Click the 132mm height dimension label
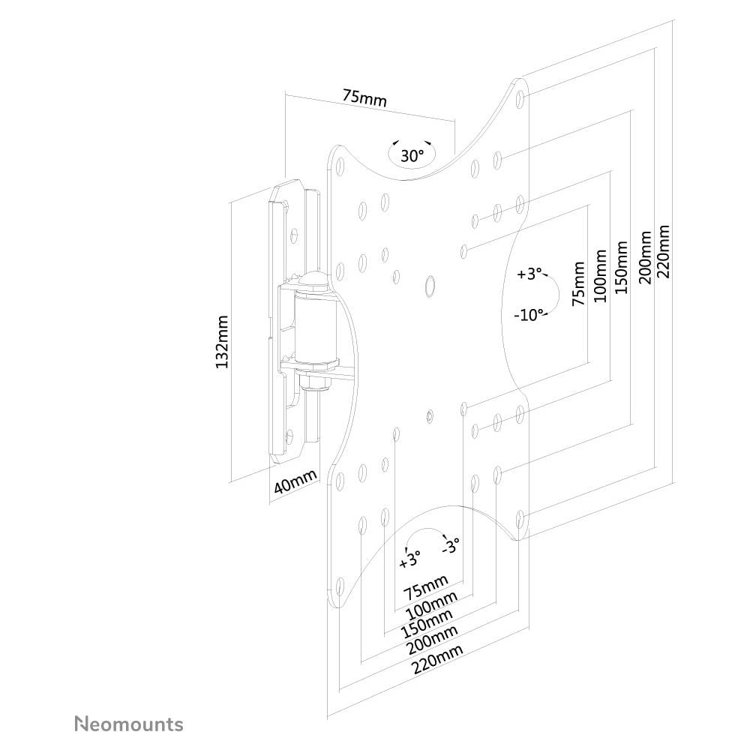click(222, 341)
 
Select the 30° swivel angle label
click(412, 156)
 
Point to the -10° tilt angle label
click(529, 315)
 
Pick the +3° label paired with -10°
click(529, 274)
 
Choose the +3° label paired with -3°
click(410, 559)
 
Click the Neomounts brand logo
click(128, 724)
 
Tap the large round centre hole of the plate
click(430, 285)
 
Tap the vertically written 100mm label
click(600, 275)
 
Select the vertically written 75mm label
click(578, 283)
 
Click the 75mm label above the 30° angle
click(364, 97)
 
